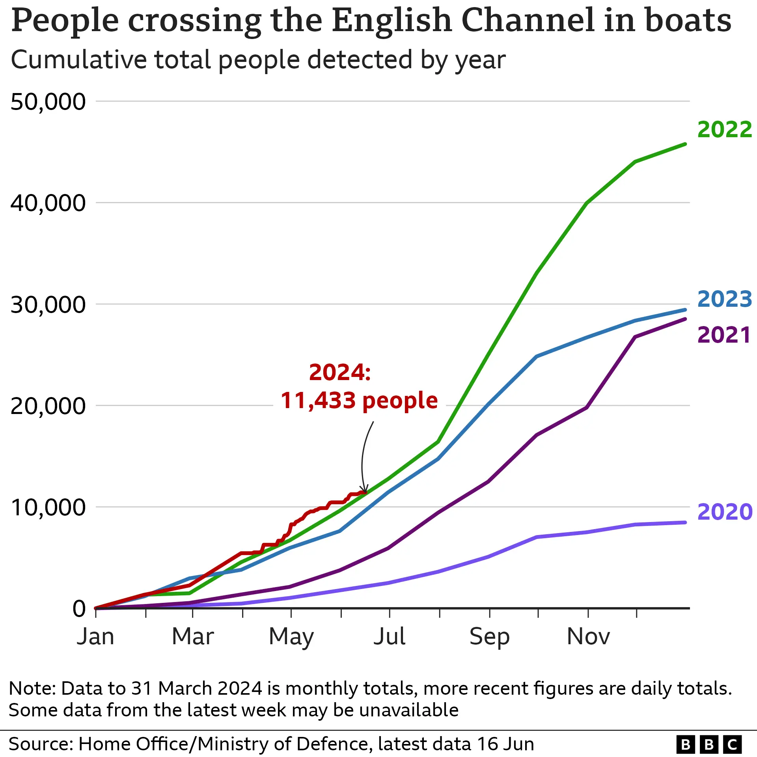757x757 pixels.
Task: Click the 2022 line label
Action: [x=724, y=130]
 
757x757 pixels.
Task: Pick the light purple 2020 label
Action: [x=725, y=512]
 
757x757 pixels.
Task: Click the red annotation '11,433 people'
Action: [x=359, y=401]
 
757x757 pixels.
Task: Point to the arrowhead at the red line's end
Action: [x=365, y=490]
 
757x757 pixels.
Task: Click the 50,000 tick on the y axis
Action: [x=48, y=102]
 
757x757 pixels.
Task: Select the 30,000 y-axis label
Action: [x=48, y=305]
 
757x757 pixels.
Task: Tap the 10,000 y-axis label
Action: [x=48, y=507]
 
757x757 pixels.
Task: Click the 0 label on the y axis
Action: [x=79, y=609]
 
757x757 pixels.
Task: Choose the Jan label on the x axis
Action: [x=95, y=636]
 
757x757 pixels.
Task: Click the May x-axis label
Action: [x=291, y=637]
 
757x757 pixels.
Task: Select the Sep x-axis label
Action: [x=489, y=637]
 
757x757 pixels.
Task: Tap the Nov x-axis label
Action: [x=588, y=636]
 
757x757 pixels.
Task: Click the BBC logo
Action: [x=709, y=744]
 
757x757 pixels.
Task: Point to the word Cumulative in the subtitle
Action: [x=78, y=60]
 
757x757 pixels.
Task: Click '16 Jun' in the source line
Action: [x=505, y=744]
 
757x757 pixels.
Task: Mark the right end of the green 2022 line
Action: [x=685, y=144]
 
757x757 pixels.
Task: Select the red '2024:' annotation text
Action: [x=340, y=373]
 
